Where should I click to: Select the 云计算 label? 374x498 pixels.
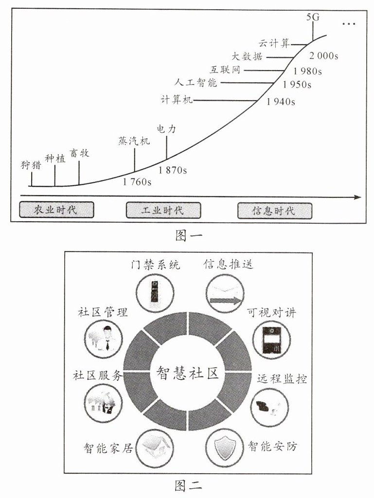pos(274,43)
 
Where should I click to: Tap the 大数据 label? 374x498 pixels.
pos(247,56)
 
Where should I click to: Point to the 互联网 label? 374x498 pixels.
pos(225,70)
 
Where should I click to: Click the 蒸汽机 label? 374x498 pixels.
pos(134,142)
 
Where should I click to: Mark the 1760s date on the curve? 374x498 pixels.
pos(137,182)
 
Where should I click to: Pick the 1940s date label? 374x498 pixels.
pos(281,102)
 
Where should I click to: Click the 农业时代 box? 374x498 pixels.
pos(56,210)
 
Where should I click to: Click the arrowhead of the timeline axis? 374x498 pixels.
pos(358,197)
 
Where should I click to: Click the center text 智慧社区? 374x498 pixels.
pos(187,373)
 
